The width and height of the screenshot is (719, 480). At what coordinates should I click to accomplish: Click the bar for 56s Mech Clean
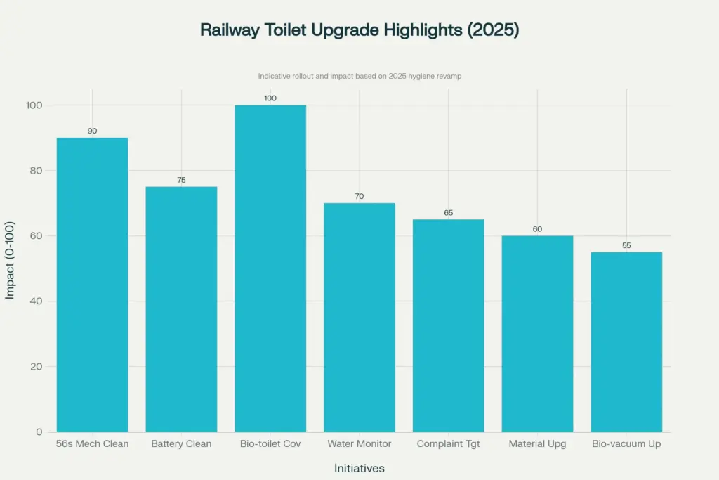point(92,285)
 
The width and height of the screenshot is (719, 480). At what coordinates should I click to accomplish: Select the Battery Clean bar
point(181,309)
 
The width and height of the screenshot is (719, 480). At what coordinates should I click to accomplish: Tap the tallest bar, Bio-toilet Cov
point(270,268)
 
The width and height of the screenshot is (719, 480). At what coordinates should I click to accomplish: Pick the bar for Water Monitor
point(359,317)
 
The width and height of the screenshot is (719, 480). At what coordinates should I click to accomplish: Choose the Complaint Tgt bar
point(448,325)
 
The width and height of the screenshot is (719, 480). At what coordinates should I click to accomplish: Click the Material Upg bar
point(537,334)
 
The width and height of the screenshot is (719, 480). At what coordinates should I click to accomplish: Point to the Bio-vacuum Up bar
point(626,342)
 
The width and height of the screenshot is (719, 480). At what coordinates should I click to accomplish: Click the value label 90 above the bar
point(92,131)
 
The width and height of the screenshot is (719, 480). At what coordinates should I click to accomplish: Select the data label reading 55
point(626,246)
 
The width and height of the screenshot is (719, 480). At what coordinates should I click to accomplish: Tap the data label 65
point(448,213)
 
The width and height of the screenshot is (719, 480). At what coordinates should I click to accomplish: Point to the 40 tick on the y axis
point(34,301)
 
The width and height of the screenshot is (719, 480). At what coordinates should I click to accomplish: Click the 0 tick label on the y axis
point(39,432)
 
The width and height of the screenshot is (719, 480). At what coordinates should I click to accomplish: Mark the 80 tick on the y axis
point(34,171)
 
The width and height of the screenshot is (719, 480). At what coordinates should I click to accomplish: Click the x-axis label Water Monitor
point(359,444)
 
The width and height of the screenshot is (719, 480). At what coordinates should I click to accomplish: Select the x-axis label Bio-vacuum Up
point(626,444)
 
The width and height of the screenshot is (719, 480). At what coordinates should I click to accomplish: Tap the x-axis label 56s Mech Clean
point(92,444)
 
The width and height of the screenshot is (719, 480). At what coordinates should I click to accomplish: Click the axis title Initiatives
point(359,468)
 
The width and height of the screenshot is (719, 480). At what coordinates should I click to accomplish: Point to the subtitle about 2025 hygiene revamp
point(359,76)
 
